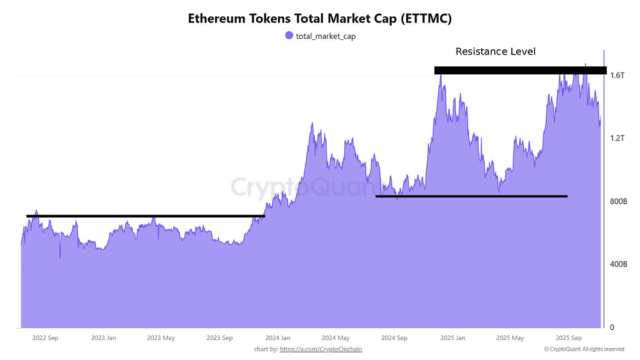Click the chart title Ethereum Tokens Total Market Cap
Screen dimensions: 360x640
319,19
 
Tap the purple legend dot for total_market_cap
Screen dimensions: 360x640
289,36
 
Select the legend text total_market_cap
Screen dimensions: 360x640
326,36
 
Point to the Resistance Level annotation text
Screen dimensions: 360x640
496,51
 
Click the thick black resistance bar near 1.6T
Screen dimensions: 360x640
520,70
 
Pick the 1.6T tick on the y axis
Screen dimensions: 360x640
617,75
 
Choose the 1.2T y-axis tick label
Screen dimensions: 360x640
617,138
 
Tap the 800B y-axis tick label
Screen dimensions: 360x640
618,201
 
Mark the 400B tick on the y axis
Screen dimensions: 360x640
618,264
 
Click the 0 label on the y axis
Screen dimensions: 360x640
612,327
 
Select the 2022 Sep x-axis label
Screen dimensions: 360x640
45,338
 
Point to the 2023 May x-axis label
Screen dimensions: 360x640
161,338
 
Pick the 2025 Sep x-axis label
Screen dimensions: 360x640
567,338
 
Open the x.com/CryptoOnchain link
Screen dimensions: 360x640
321,349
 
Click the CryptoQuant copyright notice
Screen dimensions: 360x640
584,349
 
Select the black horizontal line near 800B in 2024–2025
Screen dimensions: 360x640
471,196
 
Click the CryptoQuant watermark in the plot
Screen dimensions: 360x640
293,186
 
